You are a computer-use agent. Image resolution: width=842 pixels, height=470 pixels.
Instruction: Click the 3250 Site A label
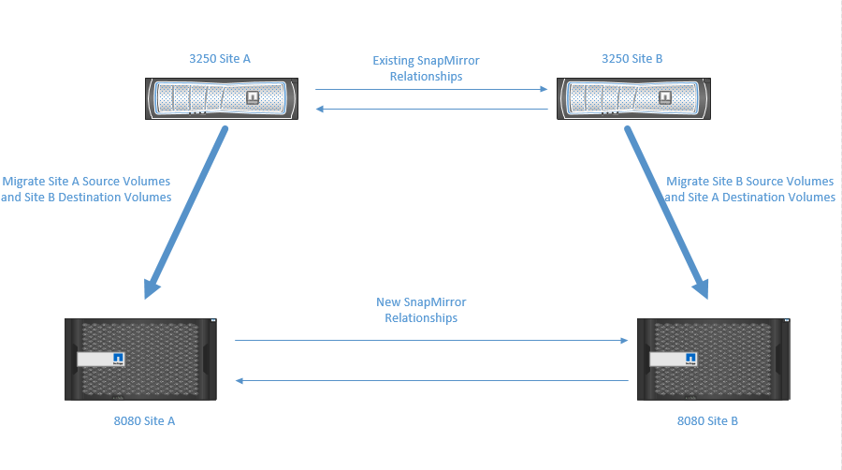pyautogui.click(x=220, y=58)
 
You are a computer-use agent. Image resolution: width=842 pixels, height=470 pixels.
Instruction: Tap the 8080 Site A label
pyautogui.click(x=144, y=420)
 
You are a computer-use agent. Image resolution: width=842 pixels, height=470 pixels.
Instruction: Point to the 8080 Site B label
pyautogui.click(x=707, y=420)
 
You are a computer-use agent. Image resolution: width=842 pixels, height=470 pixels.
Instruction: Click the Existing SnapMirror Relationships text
pyautogui.click(x=426, y=68)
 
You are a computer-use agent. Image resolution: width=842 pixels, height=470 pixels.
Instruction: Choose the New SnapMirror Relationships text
pyautogui.click(x=421, y=310)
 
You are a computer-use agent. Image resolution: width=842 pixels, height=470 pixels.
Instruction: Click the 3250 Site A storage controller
pyautogui.click(x=221, y=97)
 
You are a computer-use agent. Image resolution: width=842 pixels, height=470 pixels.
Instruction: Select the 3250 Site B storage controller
pyautogui.click(x=632, y=97)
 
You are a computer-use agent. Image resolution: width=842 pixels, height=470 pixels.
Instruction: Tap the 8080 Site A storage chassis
pyautogui.click(x=140, y=360)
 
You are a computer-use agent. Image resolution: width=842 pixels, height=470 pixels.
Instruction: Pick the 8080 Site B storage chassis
pyautogui.click(x=713, y=360)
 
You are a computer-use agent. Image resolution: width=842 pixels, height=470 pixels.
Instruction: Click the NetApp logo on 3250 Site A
pyautogui.click(x=251, y=97)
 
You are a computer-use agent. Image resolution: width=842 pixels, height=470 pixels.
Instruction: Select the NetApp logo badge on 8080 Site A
pyautogui.click(x=118, y=360)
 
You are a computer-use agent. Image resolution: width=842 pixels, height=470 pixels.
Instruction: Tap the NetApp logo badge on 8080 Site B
pyautogui.click(x=690, y=360)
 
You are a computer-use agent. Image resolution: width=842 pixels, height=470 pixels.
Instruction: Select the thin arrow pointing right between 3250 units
pyautogui.click(x=431, y=90)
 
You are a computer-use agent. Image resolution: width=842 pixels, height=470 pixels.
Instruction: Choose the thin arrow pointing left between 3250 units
pyautogui.click(x=431, y=110)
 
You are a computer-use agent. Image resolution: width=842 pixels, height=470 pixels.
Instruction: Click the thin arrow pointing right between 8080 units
pyautogui.click(x=431, y=341)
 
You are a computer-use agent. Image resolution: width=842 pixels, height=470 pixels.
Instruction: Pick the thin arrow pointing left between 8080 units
pyautogui.click(x=431, y=380)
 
